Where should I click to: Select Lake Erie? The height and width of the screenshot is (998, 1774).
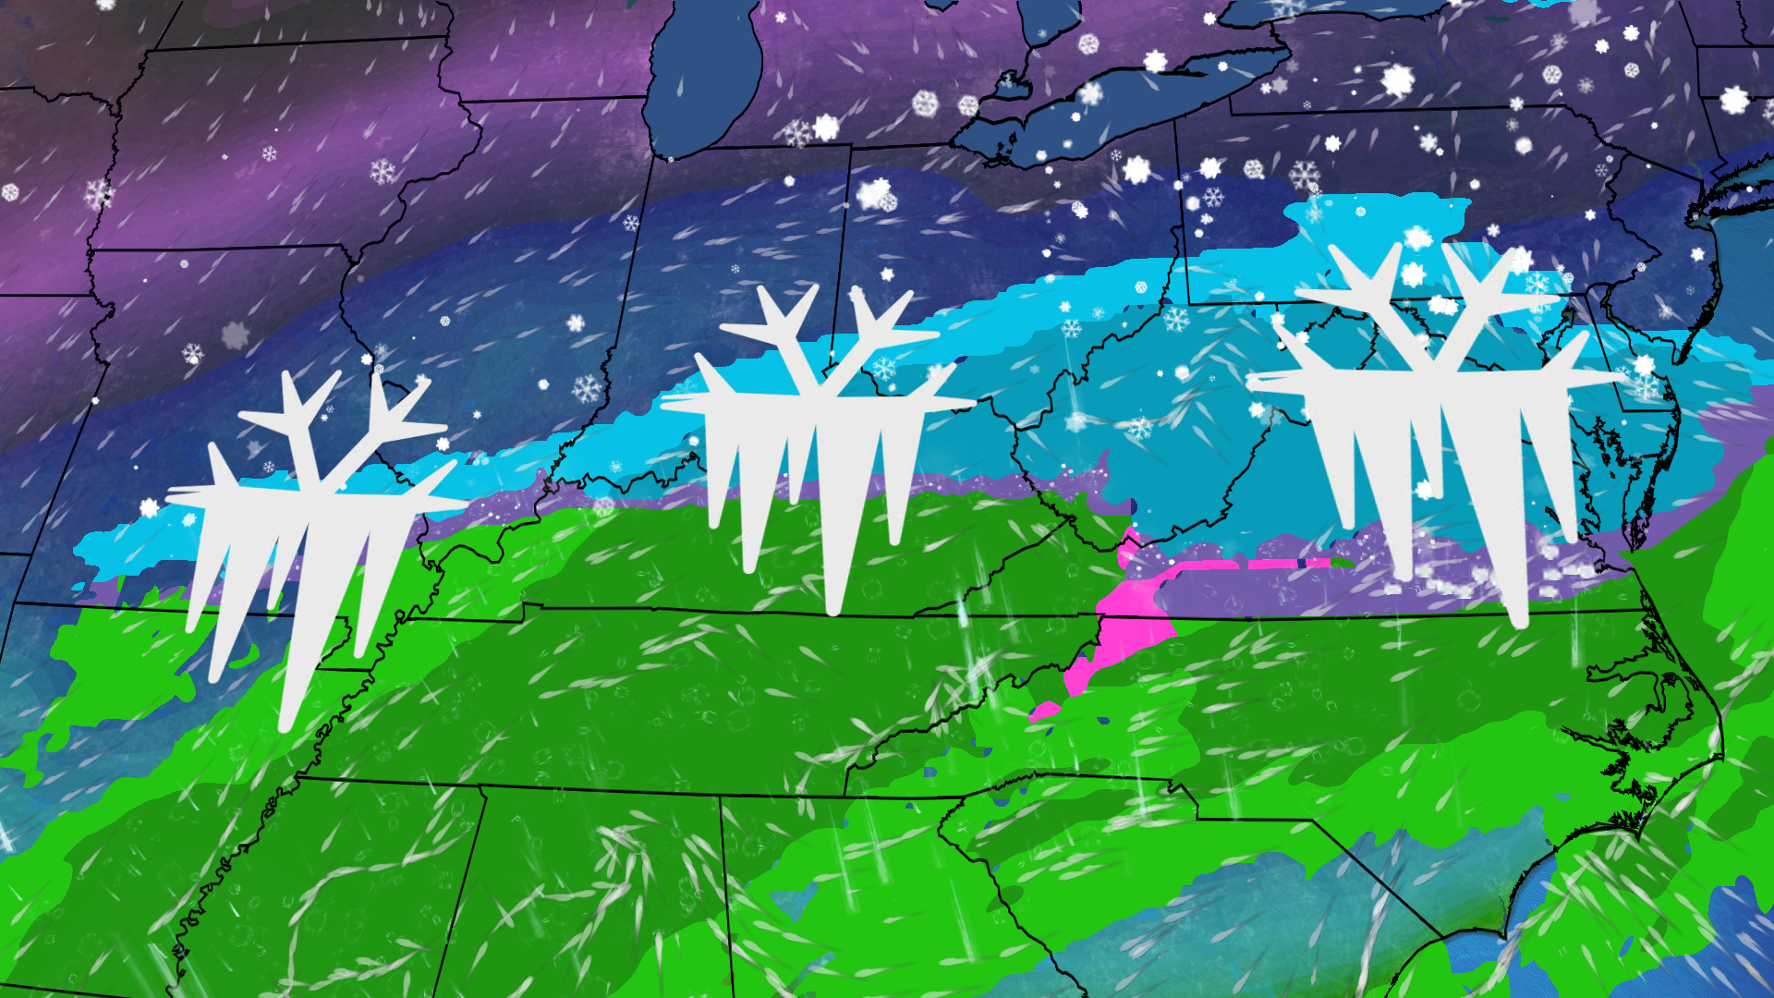tap(1127, 102)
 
